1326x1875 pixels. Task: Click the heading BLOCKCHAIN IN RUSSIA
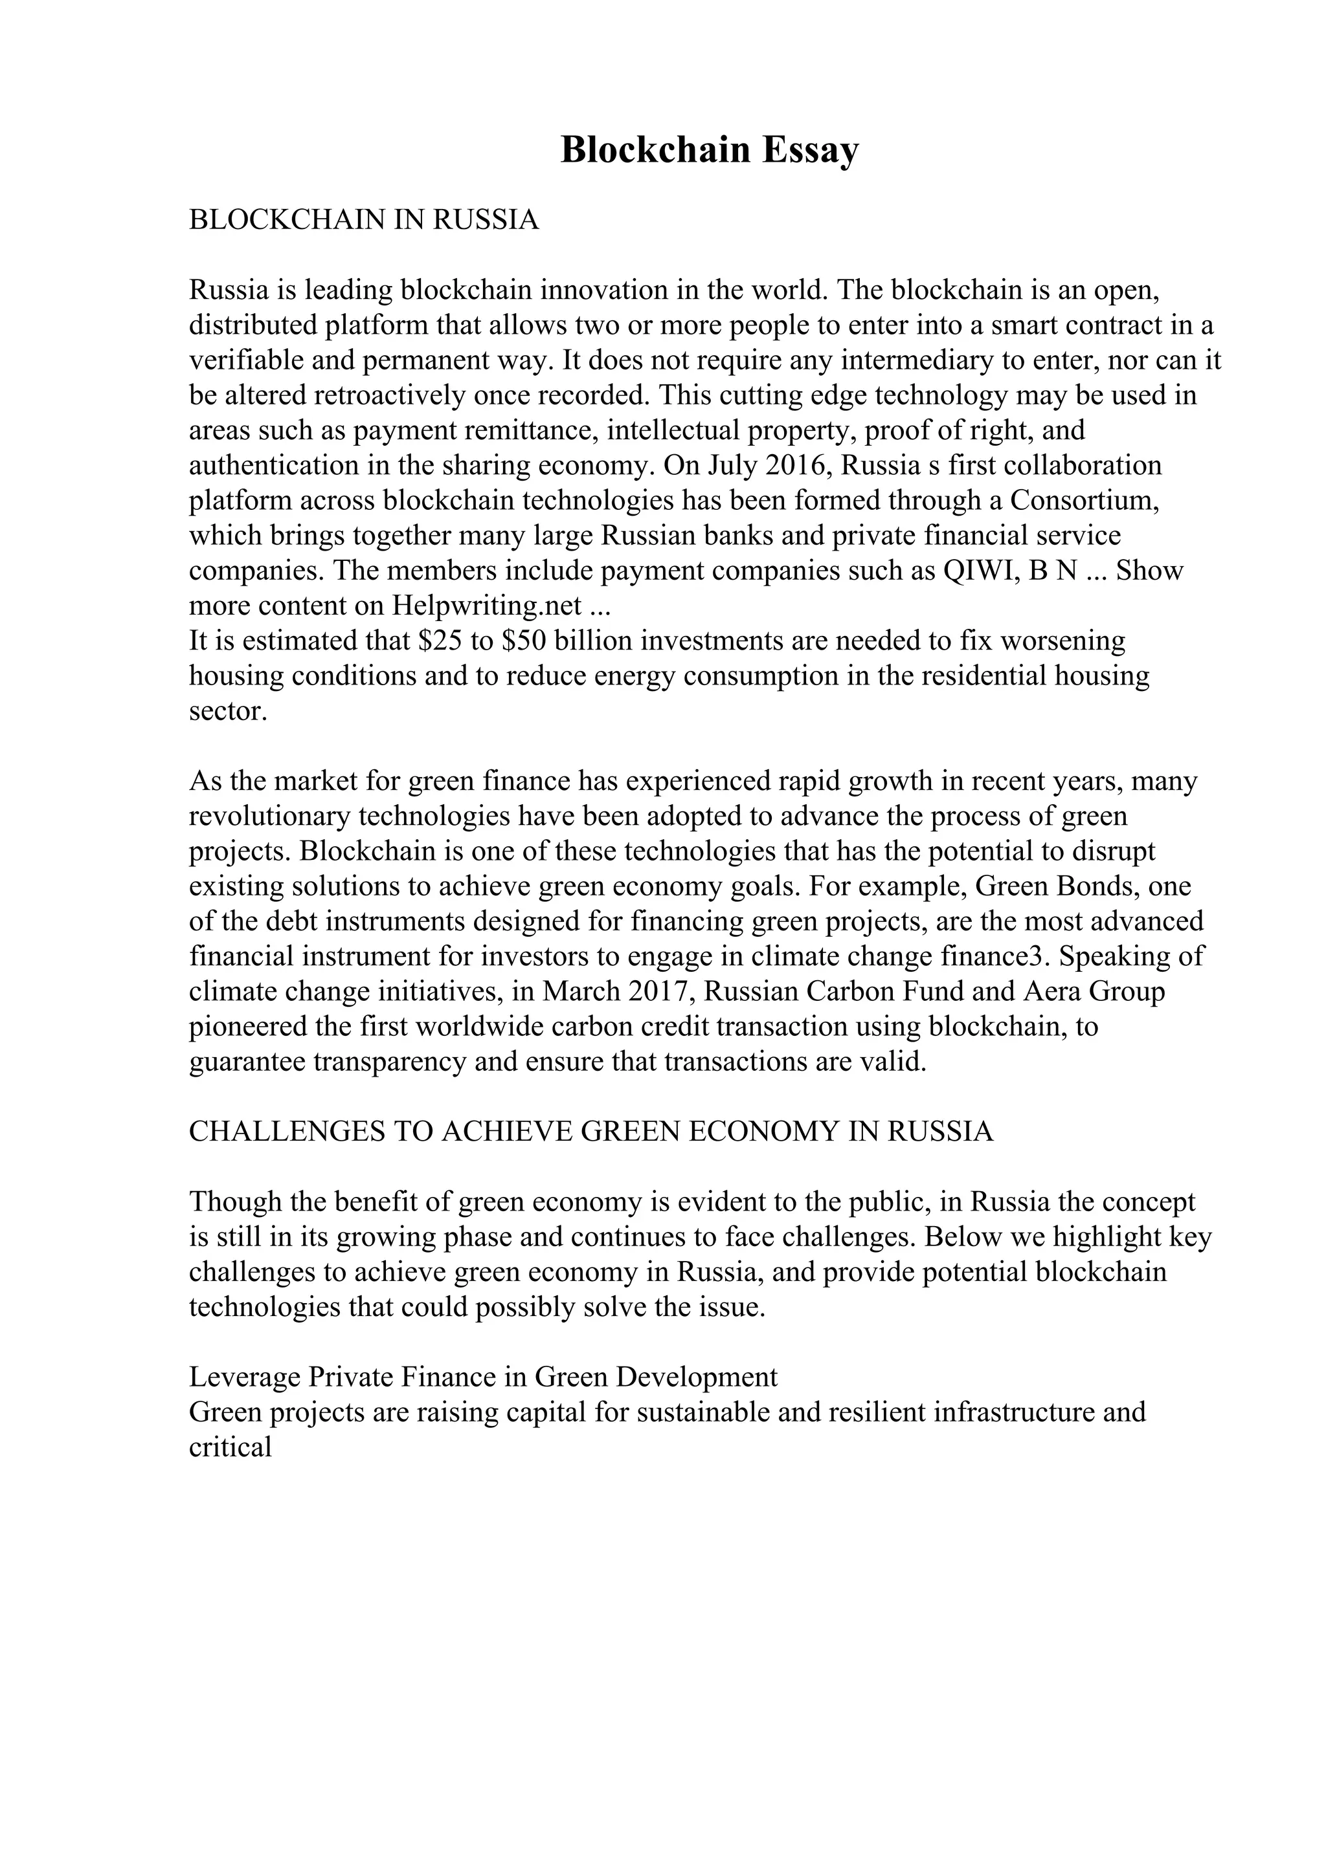coord(364,221)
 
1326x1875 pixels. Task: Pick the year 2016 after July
coord(796,465)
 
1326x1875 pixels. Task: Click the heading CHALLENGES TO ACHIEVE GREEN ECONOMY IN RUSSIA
coord(590,1132)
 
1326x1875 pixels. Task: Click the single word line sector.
coord(228,711)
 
